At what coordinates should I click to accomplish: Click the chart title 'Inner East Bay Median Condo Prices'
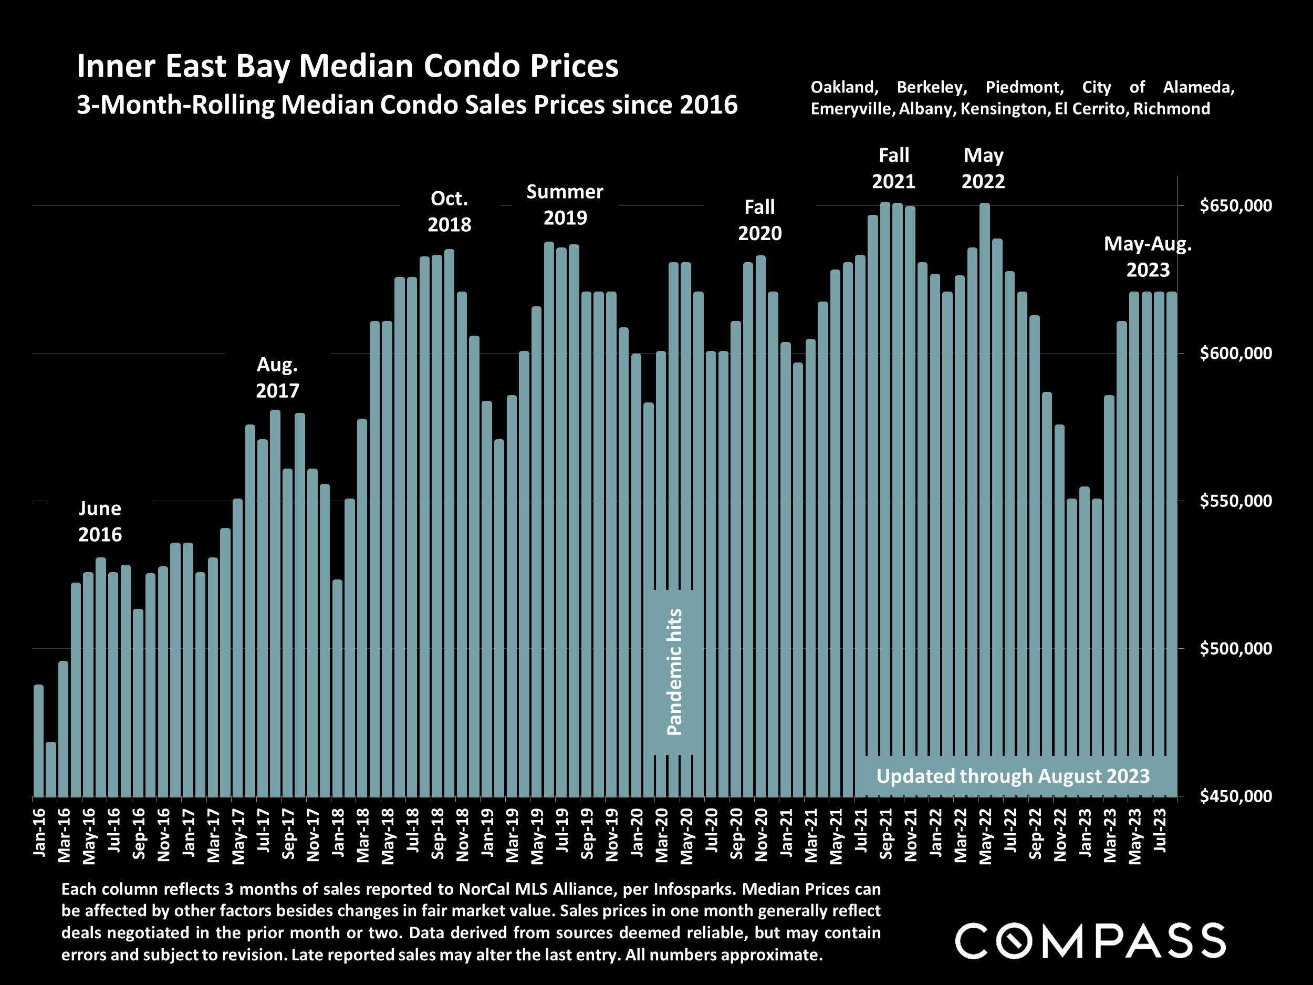click(x=347, y=66)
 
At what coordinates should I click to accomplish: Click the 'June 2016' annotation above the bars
click(x=100, y=521)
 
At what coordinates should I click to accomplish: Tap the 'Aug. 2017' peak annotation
click(x=277, y=378)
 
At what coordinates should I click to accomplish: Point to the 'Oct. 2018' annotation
click(x=450, y=211)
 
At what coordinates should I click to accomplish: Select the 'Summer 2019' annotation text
click(x=565, y=205)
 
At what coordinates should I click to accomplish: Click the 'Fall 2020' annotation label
click(x=760, y=220)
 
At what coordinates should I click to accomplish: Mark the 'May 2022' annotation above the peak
click(x=983, y=168)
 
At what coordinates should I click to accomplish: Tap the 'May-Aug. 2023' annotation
click(x=1148, y=256)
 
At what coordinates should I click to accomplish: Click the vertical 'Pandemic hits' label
click(x=674, y=672)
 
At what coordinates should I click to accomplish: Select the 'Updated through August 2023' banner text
click(x=1013, y=776)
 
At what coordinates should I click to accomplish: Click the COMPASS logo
click(x=1090, y=940)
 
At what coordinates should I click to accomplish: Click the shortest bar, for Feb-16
click(x=51, y=769)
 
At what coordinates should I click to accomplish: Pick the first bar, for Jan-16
click(x=38, y=740)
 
